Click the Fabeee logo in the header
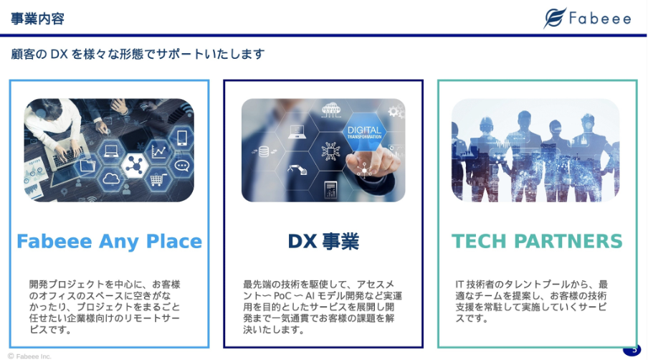(x=587, y=18)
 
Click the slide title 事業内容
(x=37, y=19)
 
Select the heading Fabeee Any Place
(x=109, y=242)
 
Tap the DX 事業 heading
(x=323, y=242)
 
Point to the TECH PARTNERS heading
(x=537, y=242)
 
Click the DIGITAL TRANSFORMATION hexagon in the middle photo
(x=364, y=132)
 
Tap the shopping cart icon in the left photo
(x=158, y=179)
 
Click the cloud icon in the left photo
(x=111, y=179)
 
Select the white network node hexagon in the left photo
(x=135, y=166)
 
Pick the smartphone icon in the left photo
(x=182, y=137)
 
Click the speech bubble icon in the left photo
(x=182, y=166)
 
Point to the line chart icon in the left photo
(x=159, y=151)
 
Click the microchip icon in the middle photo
(x=330, y=151)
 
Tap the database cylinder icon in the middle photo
(x=264, y=152)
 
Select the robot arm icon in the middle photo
(x=298, y=169)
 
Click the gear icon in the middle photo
(x=394, y=111)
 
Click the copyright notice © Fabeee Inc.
(x=29, y=356)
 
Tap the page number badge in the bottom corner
(x=632, y=350)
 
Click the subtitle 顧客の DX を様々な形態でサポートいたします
(x=138, y=55)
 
